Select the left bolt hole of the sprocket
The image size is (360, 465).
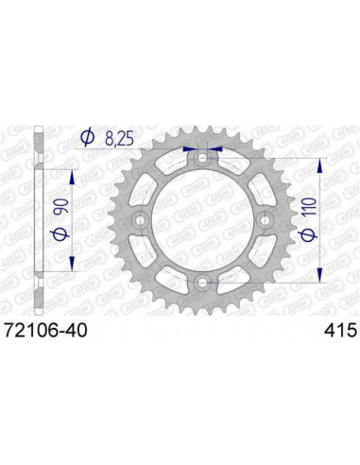click(140, 220)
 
